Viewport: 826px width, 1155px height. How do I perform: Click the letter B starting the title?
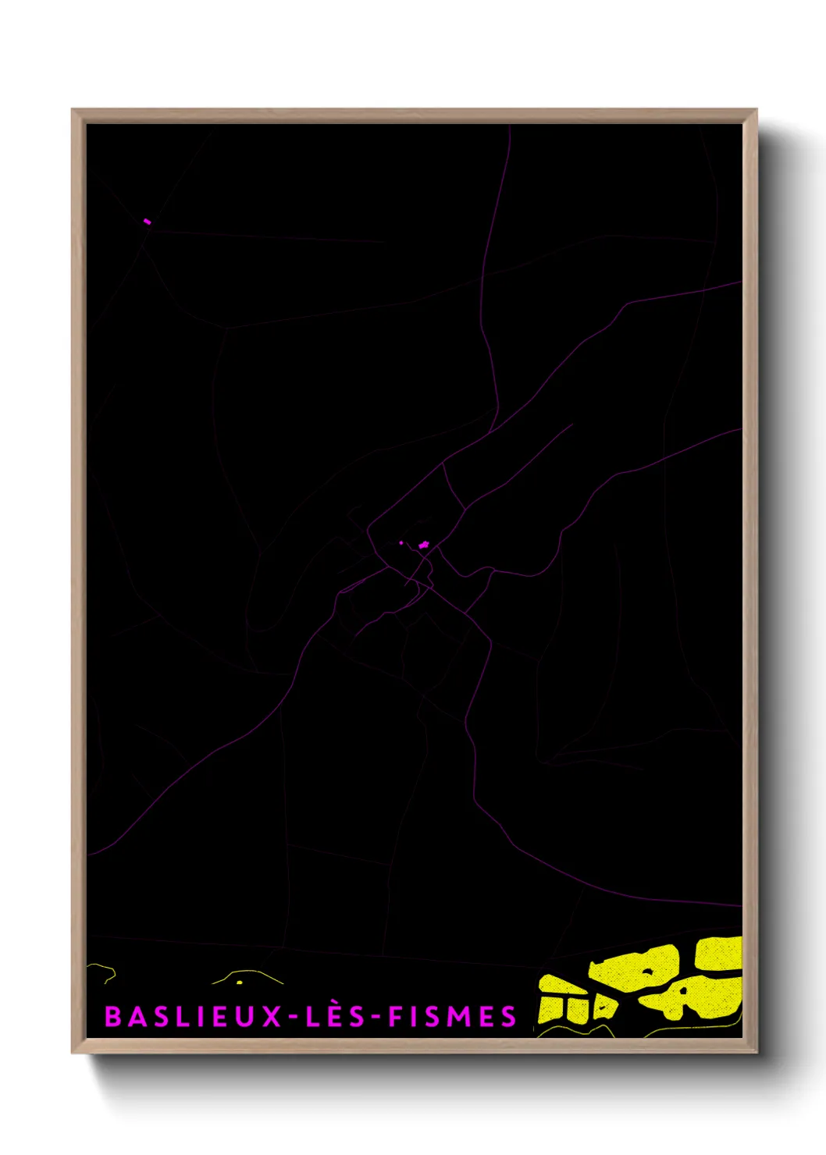pyautogui.click(x=112, y=1017)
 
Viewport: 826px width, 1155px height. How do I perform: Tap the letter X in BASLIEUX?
pyautogui.click(x=272, y=1017)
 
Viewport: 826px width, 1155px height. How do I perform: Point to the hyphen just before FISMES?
pyautogui.click(x=376, y=1018)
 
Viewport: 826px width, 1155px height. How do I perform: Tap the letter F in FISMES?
pyautogui.click(x=397, y=1017)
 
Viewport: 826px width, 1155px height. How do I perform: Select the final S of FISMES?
pyautogui.click(x=508, y=1017)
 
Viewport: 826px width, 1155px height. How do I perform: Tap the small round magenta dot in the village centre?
pyautogui.click(x=401, y=542)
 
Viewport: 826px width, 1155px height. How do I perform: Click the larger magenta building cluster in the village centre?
pyautogui.click(x=423, y=545)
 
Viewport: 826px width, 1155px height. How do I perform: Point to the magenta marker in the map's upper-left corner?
pyautogui.click(x=147, y=222)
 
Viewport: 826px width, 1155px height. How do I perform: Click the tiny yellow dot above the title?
pyautogui.click(x=240, y=982)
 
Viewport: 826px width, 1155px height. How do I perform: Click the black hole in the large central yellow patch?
pyautogui.click(x=647, y=972)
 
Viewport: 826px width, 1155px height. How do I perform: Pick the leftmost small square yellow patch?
pyautogui.click(x=550, y=1008)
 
